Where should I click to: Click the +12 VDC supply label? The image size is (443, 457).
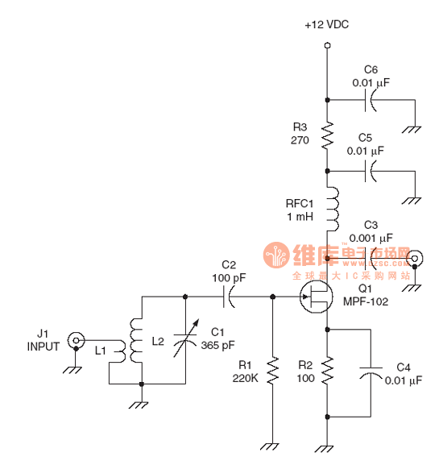click(327, 26)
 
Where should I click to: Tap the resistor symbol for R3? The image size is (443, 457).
click(328, 135)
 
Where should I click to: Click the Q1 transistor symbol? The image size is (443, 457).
click(316, 297)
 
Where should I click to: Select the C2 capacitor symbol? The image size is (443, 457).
click(229, 297)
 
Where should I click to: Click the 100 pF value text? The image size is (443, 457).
click(229, 276)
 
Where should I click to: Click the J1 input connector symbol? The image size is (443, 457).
click(76, 340)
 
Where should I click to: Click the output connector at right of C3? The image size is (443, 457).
click(416, 258)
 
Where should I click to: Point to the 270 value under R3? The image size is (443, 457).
click(300, 139)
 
